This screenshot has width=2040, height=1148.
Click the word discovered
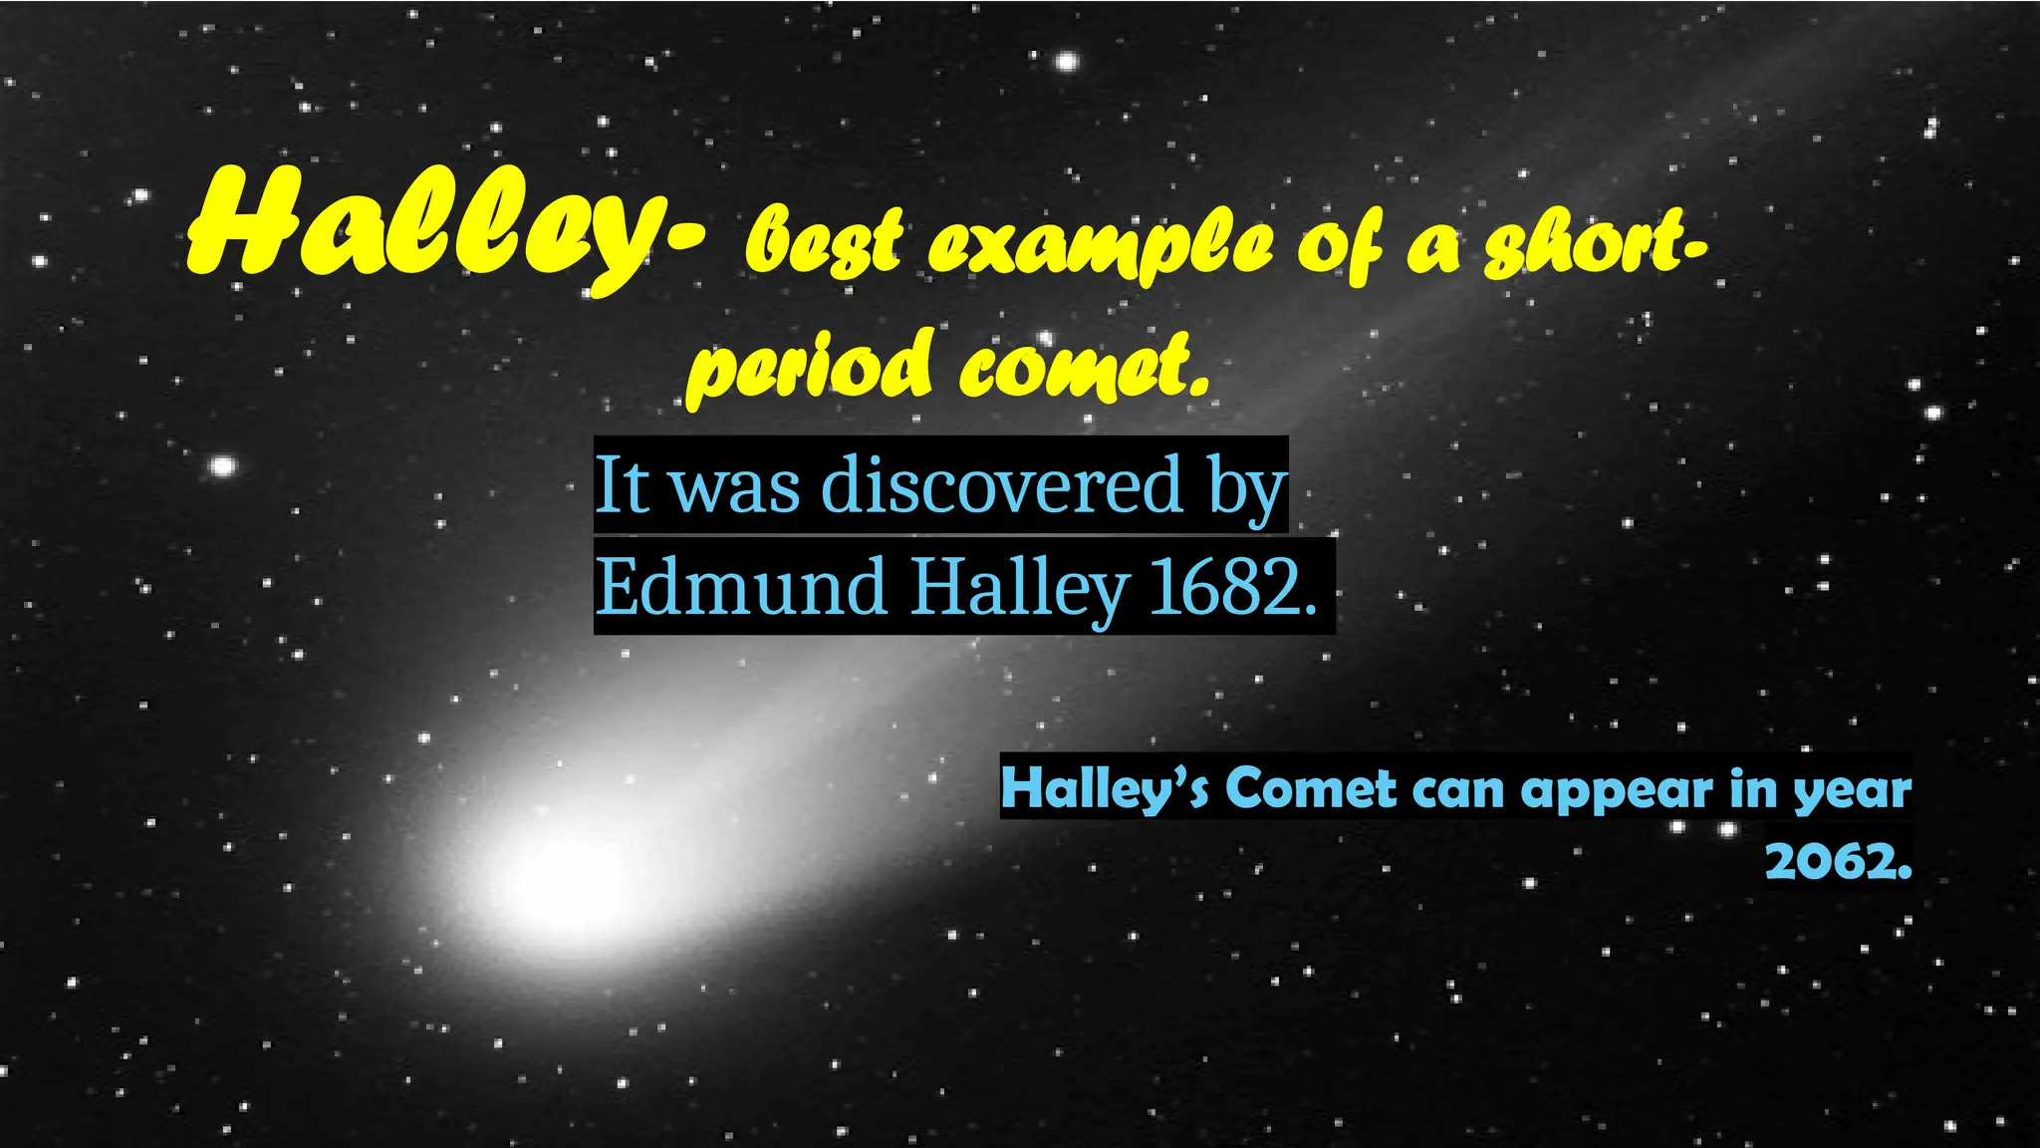click(1001, 485)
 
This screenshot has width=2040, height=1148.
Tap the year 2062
click(1838, 860)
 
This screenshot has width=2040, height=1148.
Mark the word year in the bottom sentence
click(1853, 790)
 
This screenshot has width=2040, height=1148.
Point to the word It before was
click(622, 485)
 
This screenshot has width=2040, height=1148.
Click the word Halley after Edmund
click(1018, 588)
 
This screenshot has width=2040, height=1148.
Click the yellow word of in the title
click(1340, 245)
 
